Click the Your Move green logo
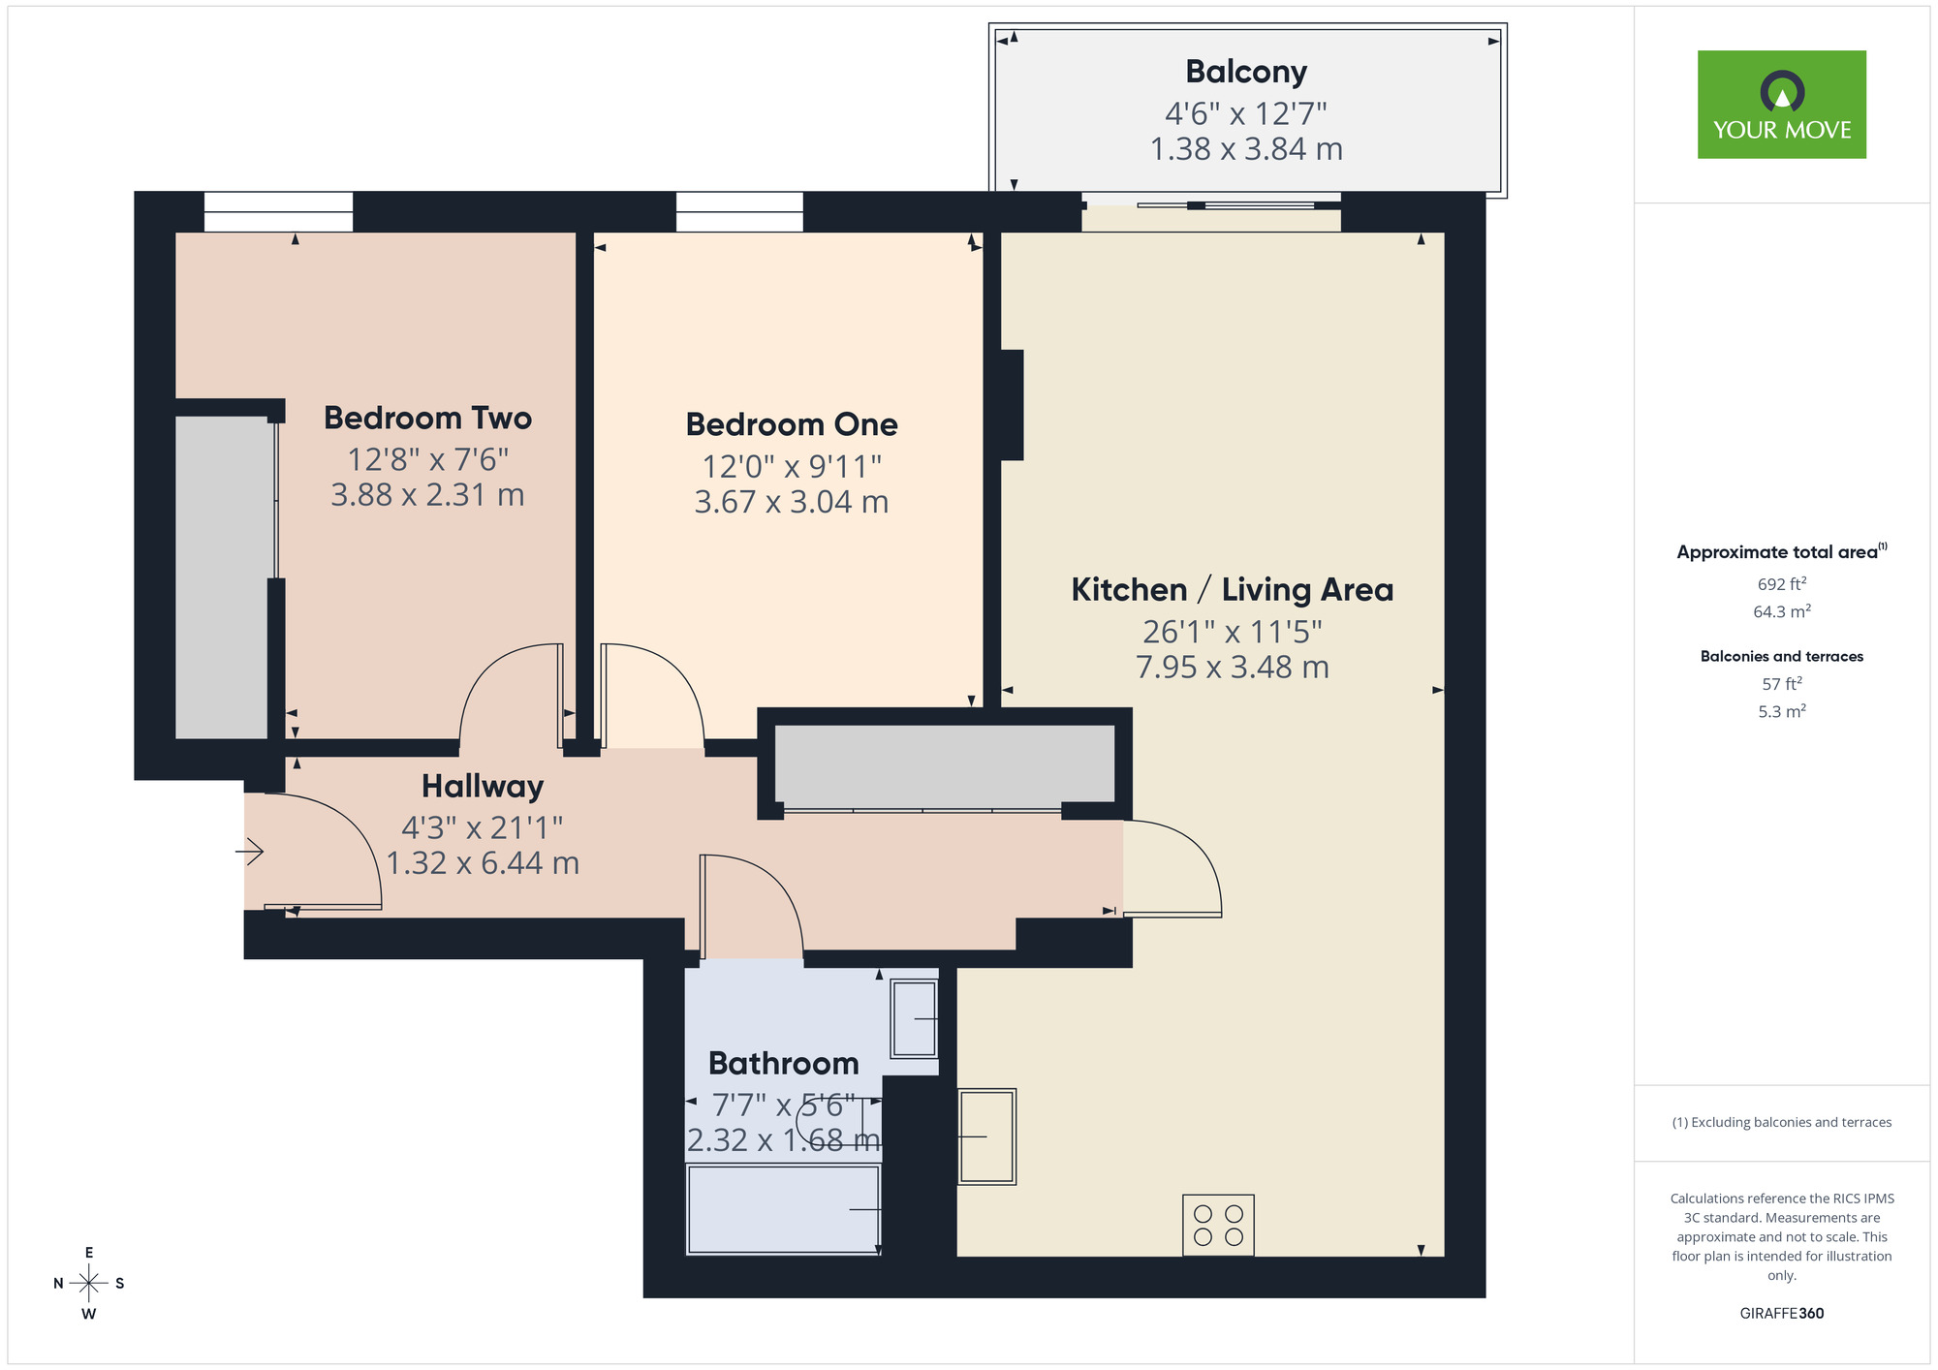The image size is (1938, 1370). click(1781, 105)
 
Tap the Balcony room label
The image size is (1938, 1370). click(1246, 72)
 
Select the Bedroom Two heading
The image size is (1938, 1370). click(427, 419)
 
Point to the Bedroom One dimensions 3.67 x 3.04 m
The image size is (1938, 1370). click(791, 502)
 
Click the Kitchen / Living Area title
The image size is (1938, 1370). click(1232, 589)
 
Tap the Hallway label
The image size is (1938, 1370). click(483, 786)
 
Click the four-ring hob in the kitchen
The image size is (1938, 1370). click(1218, 1226)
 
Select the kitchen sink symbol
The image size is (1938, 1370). click(986, 1136)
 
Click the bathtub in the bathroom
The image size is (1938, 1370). click(783, 1210)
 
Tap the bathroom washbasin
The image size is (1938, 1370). click(914, 1018)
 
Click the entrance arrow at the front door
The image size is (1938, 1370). click(250, 852)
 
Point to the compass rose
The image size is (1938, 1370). click(89, 1284)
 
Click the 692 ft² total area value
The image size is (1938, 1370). click(1781, 584)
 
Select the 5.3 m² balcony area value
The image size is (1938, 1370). click(1781, 711)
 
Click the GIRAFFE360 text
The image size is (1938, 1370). click(1781, 1314)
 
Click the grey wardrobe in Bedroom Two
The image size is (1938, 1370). click(222, 577)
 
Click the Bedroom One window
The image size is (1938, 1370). click(739, 211)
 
